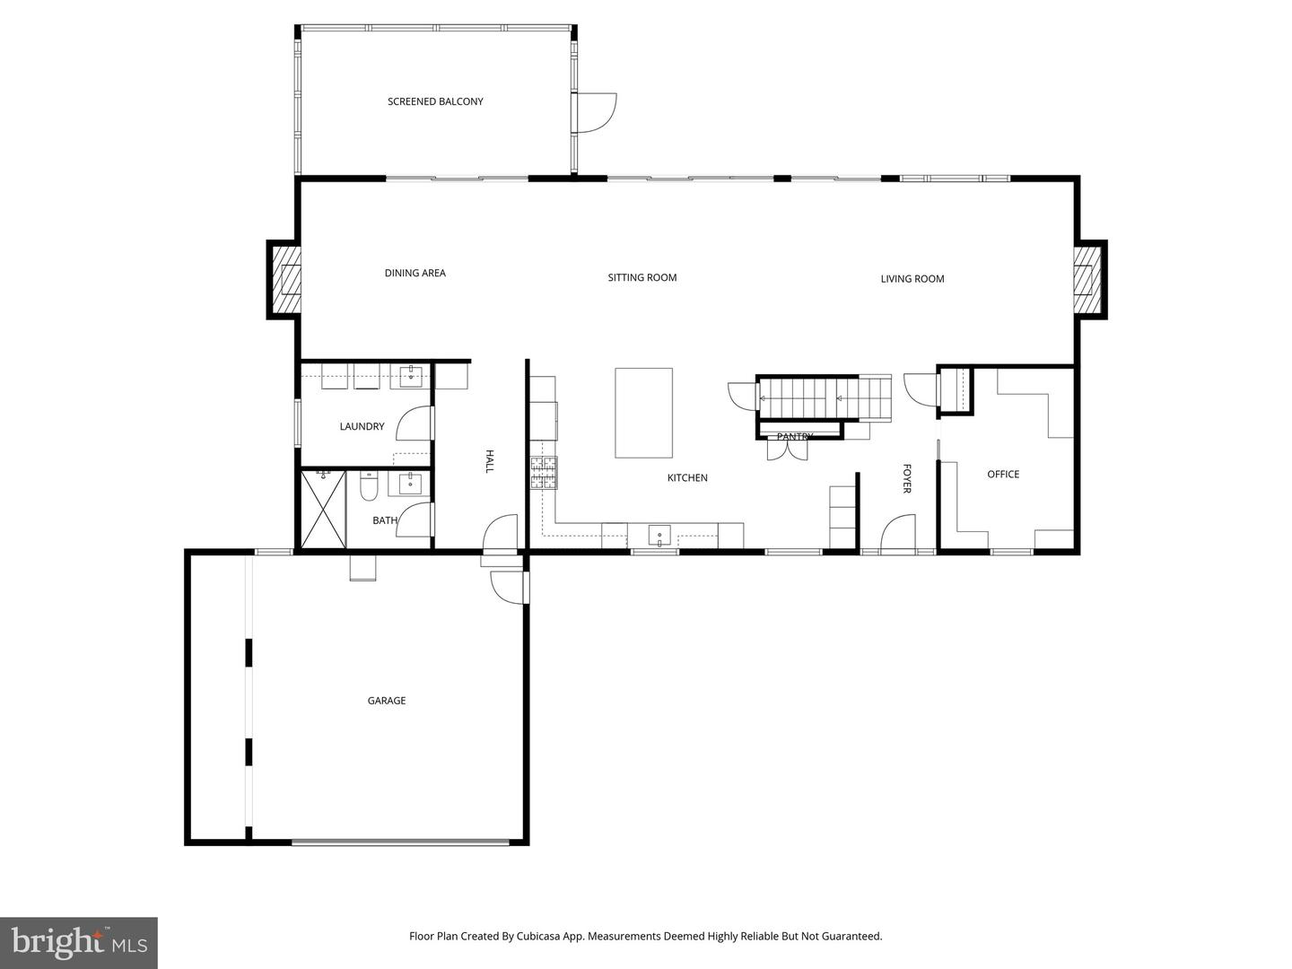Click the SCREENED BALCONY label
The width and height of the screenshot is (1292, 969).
coord(435,101)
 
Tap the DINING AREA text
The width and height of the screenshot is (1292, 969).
coord(415,273)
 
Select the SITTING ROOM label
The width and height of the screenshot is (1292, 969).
coord(642,277)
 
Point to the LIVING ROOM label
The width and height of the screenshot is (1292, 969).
coord(912,278)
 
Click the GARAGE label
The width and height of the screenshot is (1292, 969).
coord(386,701)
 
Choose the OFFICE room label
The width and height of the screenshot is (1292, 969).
coord(1003,474)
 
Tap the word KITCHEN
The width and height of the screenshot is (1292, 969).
coord(687,477)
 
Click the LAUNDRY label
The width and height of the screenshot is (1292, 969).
coord(362,426)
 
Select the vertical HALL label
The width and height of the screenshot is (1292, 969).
coord(490,461)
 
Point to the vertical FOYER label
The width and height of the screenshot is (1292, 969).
coord(906,478)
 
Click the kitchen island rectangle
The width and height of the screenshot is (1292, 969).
coord(643,413)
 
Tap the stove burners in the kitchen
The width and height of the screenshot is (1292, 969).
coord(543,472)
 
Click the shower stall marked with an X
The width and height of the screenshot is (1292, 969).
coord(322,509)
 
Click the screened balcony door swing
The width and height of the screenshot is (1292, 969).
coord(594,112)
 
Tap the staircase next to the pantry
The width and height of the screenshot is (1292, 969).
coord(824,397)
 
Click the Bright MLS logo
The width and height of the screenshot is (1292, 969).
coord(78,942)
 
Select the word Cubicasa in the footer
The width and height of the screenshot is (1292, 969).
coord(541,936)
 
